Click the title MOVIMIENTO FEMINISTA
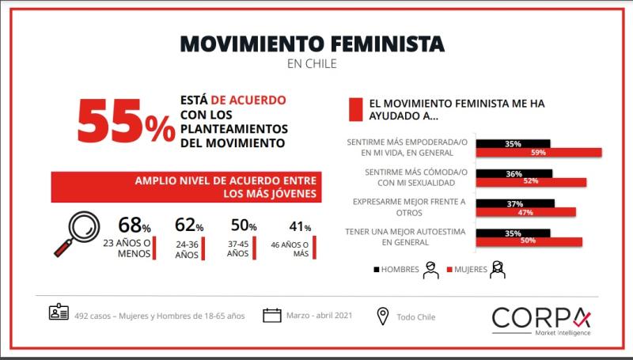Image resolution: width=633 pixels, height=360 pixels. point(312,43)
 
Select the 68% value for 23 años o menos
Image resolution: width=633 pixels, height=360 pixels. point(134,225)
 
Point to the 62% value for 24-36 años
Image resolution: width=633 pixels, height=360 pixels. point(188,225)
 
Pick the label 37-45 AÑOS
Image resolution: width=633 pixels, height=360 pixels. point(237,249)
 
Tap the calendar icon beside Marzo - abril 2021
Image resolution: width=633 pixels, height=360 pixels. point(272,316)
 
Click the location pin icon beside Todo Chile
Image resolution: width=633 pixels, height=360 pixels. point(383,316)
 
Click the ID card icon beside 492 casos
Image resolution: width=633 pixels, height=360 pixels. point(59,314)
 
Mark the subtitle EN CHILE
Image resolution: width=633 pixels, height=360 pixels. point(312,64)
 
